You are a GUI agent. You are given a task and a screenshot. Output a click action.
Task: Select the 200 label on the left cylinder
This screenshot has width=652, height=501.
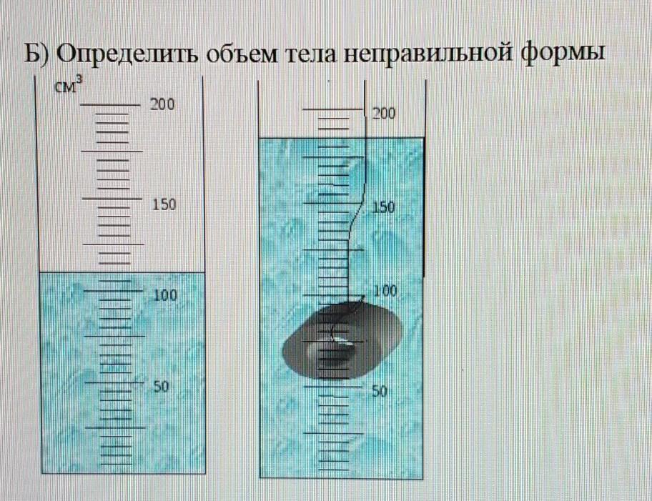tap(162, 104)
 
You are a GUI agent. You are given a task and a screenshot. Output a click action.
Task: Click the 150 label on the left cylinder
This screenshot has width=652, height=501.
tap(164, 205)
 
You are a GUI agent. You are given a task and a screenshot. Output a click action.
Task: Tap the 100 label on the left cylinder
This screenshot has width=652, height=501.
tap(165, 295)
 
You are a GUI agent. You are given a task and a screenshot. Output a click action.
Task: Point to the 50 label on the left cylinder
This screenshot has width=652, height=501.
tap(161, 387)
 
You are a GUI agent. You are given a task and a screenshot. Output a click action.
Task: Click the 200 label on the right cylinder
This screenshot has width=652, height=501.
tap(385, 113)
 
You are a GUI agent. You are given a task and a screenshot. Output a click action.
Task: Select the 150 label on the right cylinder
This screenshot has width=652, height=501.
tap(384, 208)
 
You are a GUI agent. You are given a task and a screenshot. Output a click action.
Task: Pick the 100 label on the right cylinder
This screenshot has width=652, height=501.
tap(385, 291)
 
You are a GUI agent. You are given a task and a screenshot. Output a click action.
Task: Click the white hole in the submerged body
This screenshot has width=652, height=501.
tap(336, 341)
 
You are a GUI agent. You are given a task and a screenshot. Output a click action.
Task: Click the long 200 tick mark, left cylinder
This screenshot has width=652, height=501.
tap(111, 105)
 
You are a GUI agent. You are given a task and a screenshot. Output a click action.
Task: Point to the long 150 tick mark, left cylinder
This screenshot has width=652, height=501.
tap(111, 198)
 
